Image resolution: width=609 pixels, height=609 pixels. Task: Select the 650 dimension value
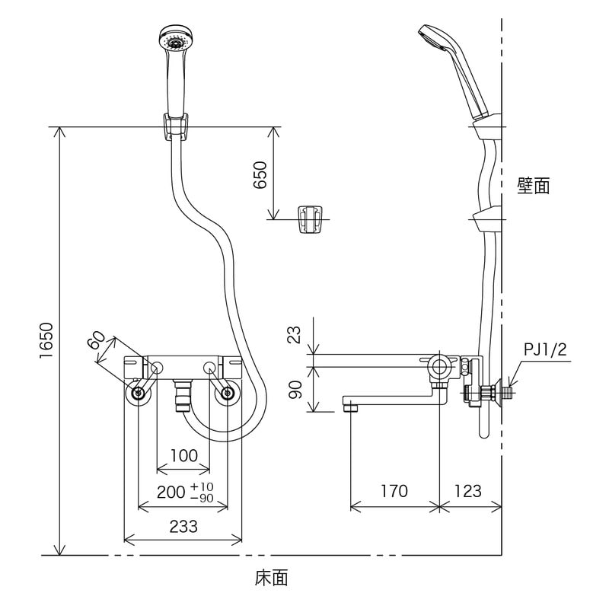[260, 175]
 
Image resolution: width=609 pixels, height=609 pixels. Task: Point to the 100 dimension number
[183, 456]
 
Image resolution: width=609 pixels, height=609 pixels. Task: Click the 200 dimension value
[171, 493]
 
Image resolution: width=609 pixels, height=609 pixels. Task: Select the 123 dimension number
[467, 491]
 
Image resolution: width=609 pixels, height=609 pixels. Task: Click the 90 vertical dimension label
[296, 389]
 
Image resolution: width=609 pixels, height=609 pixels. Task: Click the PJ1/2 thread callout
[544, 349]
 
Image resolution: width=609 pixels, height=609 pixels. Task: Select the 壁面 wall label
[533, 186]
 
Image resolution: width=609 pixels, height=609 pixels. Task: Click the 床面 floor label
[272, 579]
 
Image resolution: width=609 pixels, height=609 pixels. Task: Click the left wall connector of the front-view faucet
[138, 394]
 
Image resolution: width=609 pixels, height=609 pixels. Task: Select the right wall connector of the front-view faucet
[226, 394]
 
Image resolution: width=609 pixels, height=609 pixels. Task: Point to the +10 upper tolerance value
[202, 486]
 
